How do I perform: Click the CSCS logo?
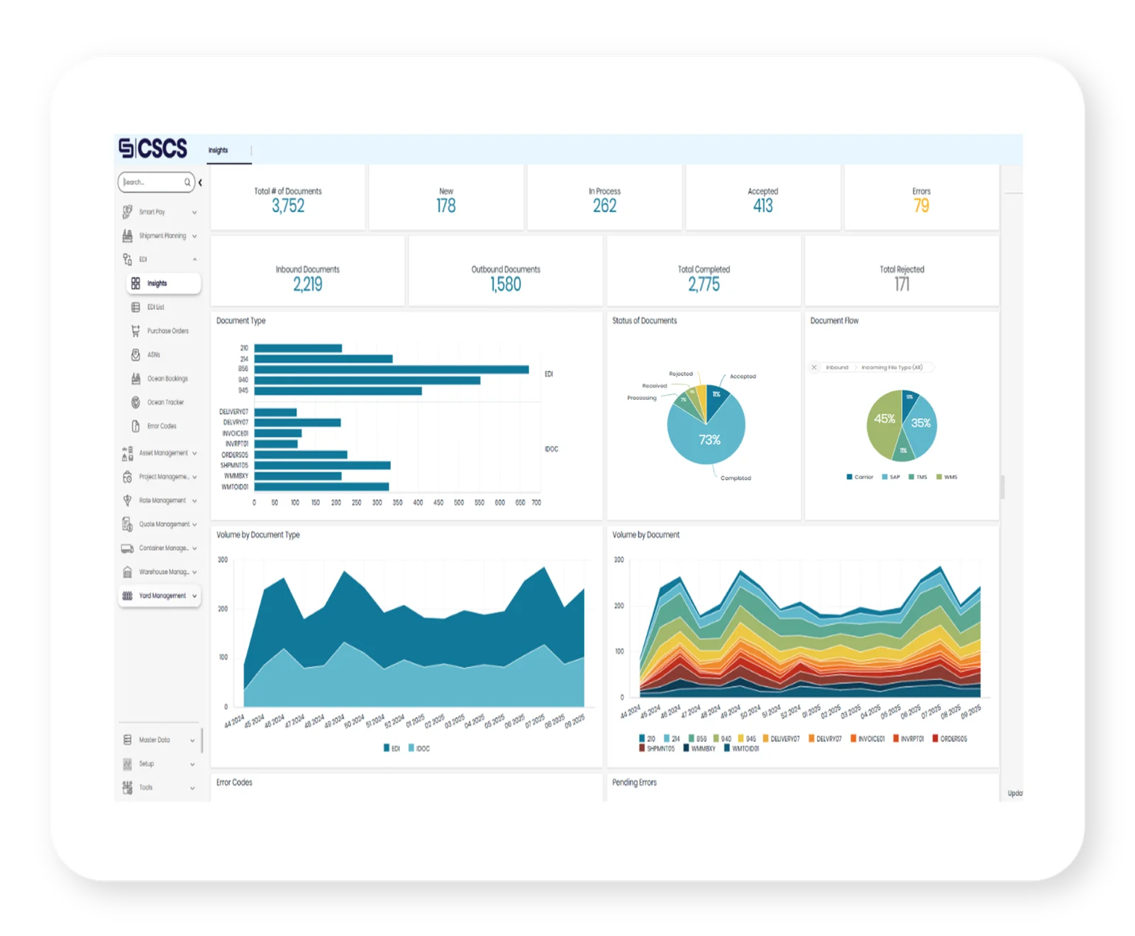pyautogui.click(x=153, y=148)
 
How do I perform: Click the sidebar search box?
pyautogui.click(x=153, y=182)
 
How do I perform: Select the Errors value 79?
pyautogui.click(x=921, y=206)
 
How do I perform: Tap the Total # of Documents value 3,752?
pyautogui.click(x=288, y=206)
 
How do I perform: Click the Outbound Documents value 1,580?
pyautogui.click(x=505, y=284)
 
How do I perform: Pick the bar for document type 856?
pyautogui.click(x=391, y=369)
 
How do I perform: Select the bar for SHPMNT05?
pyautogui.click(x=322, y=465)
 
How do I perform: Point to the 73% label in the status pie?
pyautogui.click(x=709, y=440)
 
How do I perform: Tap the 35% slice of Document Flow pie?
pyautogui.click(x=921, y=423)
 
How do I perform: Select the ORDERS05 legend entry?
pyautogui.click(x=950, y=739)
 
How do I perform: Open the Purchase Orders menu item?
pyautogui.click(x=167, y=331)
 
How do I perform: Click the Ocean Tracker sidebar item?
pyautogui.click(x=165, y=403)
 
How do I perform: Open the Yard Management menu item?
pyautogui.click(x=162, y=596)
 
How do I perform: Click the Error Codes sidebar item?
pyautogui.click(x=162, y=426)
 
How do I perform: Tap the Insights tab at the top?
pyautogui.click(x=218, y=150)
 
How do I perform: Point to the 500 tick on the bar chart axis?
pyautogui.click(x=458, y=503)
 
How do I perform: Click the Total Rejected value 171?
pyautogui.click(x=902, y=284)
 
